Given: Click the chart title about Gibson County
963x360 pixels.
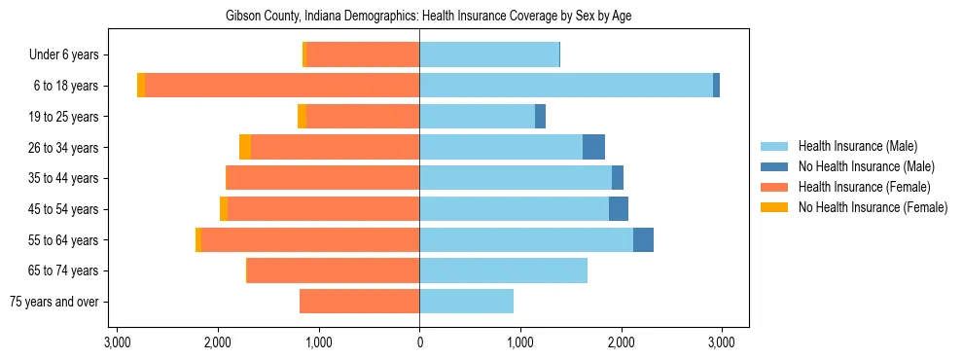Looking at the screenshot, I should [x=429, y=17].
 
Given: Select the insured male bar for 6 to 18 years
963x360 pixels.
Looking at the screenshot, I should [x=566, y=86].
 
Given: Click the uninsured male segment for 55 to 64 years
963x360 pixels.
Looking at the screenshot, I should [x=643, y=240].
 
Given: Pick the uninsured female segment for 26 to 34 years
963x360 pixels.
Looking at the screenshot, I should [x=245, y=147].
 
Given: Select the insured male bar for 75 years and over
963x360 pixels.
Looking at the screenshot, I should [x=466, y=302].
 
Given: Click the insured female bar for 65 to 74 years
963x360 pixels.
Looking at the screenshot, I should [x=333, y=270].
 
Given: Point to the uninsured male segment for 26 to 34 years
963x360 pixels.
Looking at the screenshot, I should [x=593, y=147].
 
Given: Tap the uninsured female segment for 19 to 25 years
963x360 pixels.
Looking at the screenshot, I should [x=302, y=117].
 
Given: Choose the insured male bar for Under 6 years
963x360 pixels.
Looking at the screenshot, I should [x=489, y=54].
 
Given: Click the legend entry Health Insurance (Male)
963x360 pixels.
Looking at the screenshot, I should [x=857, y=146].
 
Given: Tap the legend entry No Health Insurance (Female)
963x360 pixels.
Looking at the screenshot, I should [x=873, y=207].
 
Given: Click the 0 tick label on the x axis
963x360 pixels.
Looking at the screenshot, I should [x=419, y=342].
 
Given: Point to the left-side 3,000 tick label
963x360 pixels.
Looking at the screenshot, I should [x=117, y=342].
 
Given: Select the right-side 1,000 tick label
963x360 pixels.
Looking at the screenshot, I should [x=520, y=342].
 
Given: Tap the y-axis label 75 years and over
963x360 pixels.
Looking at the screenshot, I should [x=54, y=302].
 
